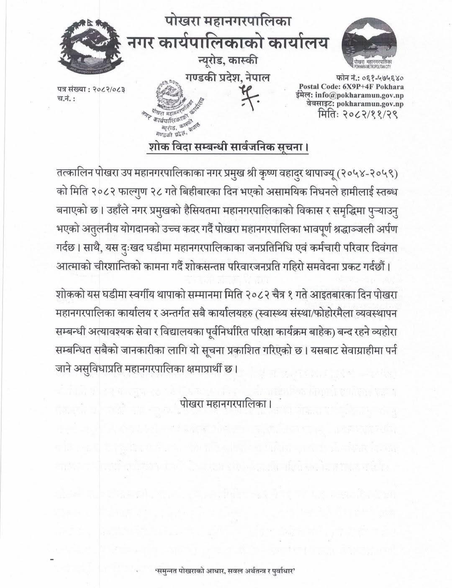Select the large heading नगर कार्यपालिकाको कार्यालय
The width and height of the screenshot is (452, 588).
pyautogui.click(x=228, y=42)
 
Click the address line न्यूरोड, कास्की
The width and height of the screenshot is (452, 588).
pyautogui.click(x=228, y=62)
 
